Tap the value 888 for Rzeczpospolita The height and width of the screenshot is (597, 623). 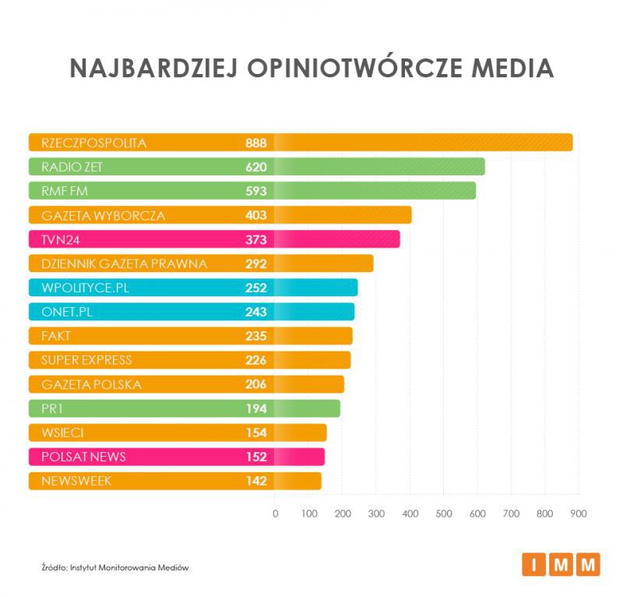coord(255,143)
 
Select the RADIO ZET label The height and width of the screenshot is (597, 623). coord(72,167)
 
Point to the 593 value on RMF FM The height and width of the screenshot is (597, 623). coord(255,191)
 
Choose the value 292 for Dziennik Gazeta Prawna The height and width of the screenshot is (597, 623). coord(255,263)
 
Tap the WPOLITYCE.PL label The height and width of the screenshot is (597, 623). coord(85,288)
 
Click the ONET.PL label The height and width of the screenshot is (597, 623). coord(66,312)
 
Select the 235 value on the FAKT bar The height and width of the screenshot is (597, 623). coord(255,336)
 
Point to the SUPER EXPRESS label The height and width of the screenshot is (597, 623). coord(86,360)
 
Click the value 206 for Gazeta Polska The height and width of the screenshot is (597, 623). coord(255,384)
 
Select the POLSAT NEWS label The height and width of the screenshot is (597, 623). coord(83,457)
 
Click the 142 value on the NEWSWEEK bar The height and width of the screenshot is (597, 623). coord(255,481)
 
